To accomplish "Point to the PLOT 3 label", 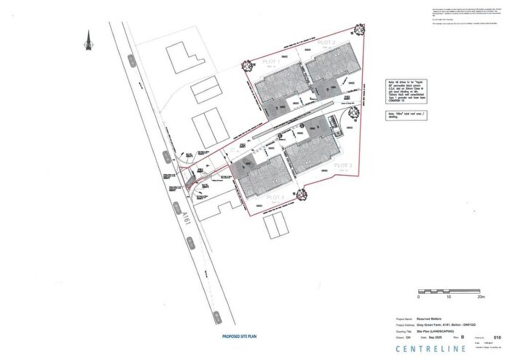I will click(x=342, y=166).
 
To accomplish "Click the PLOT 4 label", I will click(x=273, y=197).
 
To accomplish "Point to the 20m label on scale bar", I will click(x=480, y=297).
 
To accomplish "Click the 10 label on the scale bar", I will click(x=449, y=297).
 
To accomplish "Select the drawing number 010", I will click(x=498, y=337).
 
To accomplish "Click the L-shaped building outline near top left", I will click(x=180, y=56).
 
